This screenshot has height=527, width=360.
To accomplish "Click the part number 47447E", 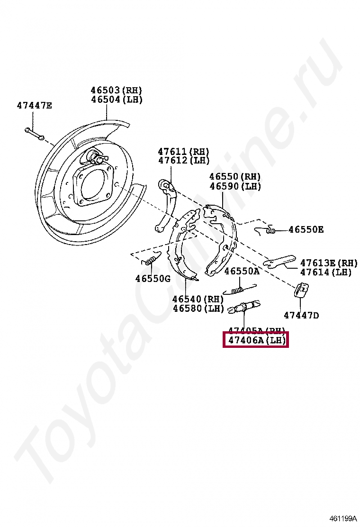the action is click(x=34, y=105).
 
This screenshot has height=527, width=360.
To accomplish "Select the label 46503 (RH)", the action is click(x=117, y=90).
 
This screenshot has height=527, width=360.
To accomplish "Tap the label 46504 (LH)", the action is click(x=117, y=100).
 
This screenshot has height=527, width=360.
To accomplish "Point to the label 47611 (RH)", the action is click(x=183, y=151).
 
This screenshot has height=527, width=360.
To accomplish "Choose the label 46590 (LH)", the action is click(x=235, y=186).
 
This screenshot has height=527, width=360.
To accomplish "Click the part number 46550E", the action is click(x=306, y=230).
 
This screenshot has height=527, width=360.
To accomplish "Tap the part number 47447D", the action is click(x=301, y=315).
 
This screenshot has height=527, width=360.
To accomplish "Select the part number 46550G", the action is click(x=153, y=279).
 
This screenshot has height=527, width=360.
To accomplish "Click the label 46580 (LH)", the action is click(x=198, y=309).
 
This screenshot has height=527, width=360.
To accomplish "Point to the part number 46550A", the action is click(x=242, y=271).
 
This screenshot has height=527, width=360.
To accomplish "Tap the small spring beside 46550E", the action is click(x=269, y=230).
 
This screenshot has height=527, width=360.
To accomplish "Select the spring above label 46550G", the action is click(x=150, y=260).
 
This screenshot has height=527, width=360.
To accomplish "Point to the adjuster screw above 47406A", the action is click(x=244, y=307).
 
